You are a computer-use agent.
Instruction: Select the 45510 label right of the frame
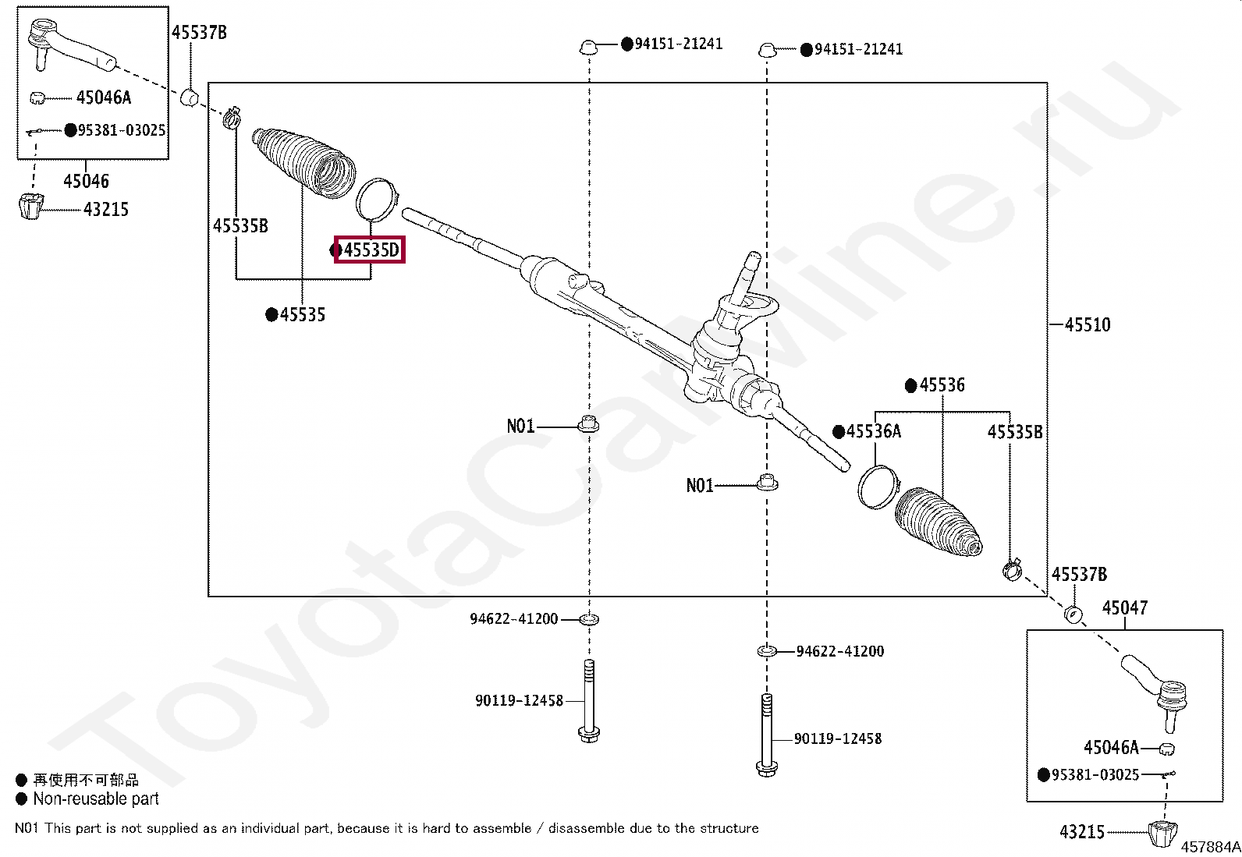[1088, 324]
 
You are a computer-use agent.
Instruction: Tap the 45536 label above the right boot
[942, 385]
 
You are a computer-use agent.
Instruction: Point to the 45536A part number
[874, 431]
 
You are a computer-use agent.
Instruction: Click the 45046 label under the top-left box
[86, 181]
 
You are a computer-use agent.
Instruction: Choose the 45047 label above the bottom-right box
[1125, 607]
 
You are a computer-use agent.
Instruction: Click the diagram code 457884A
[1209, 846]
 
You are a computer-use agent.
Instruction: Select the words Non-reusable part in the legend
[96, 799]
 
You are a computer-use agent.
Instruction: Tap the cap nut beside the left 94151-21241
[588, 47]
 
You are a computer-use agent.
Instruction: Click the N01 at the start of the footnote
[27, 828]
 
